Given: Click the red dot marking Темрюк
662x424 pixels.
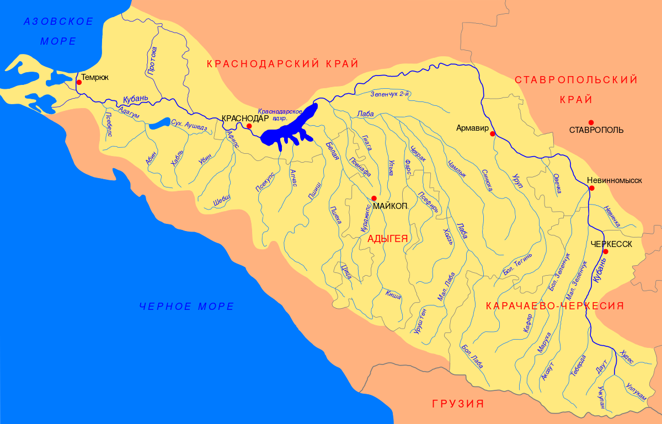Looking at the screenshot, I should (x=79, y=82).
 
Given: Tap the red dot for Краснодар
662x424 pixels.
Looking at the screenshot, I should (x=249, y=126).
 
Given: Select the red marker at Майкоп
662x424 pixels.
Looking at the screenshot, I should (x=374, y=198).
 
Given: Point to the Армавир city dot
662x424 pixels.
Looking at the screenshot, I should (x=492, y=133).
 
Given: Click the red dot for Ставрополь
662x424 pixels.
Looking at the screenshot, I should (x=591, y=122).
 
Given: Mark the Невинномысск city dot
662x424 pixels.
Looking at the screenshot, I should (x=591, y=188).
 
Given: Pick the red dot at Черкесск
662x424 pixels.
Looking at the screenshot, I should (x=605, y=251).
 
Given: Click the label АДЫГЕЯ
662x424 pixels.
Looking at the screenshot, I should (x=387, y=239).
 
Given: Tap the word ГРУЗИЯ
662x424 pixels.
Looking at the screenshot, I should (x=458, y=404).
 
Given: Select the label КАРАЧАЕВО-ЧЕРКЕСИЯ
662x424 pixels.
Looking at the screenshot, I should (x=554, y=306).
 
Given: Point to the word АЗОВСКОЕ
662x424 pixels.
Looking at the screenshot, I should (x=58, y=22).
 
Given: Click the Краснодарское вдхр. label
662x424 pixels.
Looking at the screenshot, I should (x=280, y=114).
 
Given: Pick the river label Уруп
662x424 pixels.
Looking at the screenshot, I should (x=517, y=179).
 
